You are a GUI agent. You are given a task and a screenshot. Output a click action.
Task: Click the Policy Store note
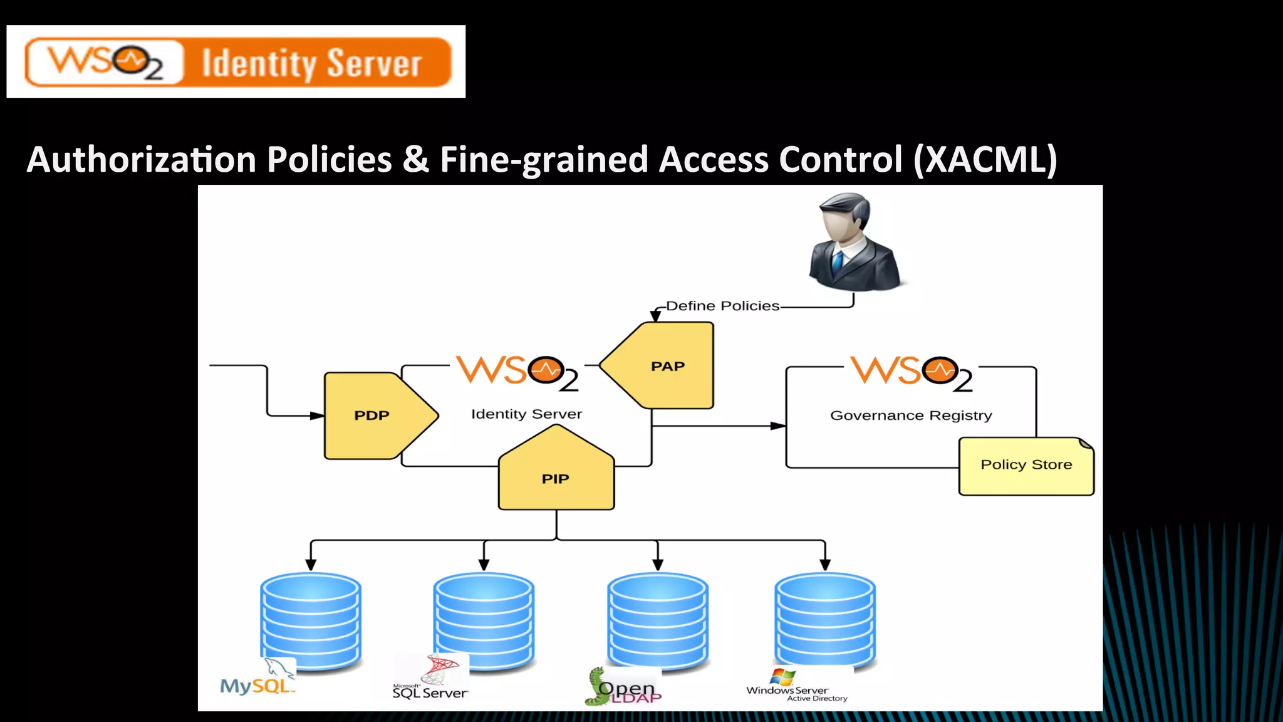tap(1026, 466)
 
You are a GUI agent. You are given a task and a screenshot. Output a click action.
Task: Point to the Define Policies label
tap(722, 306)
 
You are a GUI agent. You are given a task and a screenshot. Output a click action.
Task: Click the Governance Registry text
tap(911, 416)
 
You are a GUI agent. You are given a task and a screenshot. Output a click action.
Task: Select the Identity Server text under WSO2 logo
tap(526, 414)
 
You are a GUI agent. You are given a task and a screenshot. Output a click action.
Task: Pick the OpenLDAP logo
tap(623, 688)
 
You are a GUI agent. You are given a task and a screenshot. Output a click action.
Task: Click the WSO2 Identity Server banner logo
tap(237, 62)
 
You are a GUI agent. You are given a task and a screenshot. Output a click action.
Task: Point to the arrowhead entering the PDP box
tap(318, 416)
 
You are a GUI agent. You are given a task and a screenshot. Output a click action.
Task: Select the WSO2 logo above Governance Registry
tap(912, 374)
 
